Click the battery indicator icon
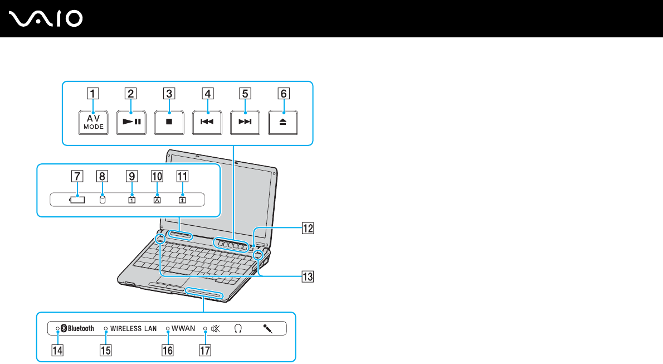click(x=77, y=200)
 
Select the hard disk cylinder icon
click(x=102, y=200)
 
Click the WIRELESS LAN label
click(x=133, y=328)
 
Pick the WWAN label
click(x=183, y=328)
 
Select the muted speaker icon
click(x=216, y=328)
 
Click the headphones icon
click(x=238, y=328)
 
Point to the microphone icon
click(x=268, y=328)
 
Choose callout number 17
click(x=205, y=351)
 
